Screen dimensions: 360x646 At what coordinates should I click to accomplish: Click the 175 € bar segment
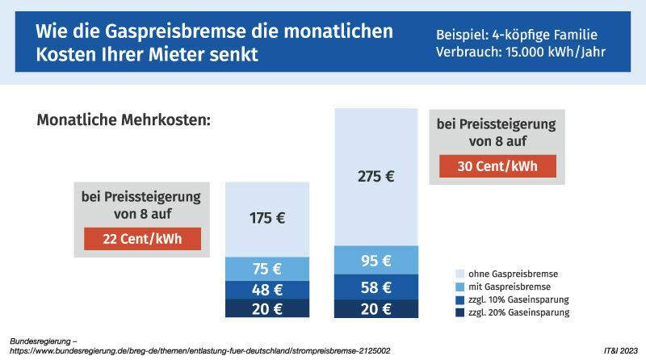(267, 218)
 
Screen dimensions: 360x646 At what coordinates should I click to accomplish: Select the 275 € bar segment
(376, 176)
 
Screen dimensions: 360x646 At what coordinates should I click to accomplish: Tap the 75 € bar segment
(267, 269)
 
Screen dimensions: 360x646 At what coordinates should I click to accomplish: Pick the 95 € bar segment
(376, 260)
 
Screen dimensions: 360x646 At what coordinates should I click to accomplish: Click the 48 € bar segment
(267, 290)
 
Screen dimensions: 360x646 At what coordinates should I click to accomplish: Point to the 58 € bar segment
(376, 287)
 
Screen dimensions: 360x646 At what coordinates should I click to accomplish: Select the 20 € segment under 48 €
(267, 309)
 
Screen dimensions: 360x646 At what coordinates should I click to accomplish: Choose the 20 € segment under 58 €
(376, 309)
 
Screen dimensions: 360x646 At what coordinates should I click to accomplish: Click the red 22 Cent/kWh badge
(142, 239)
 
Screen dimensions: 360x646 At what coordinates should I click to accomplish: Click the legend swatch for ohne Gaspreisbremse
(460, 274)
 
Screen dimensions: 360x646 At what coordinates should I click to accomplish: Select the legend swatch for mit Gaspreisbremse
(460, 287)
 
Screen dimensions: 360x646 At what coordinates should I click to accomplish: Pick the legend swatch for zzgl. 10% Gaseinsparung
(460, 299)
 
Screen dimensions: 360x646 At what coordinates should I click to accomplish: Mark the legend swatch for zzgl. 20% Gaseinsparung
(460, 312)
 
